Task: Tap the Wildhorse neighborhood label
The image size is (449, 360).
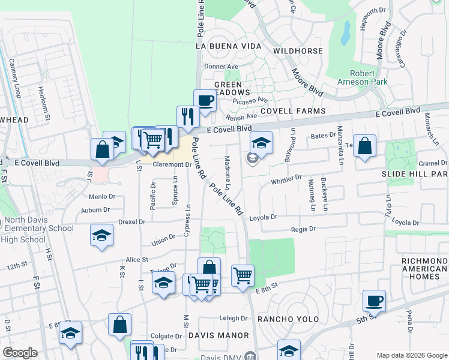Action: coord(298,51)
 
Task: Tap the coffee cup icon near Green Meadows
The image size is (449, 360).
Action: coord(205,100)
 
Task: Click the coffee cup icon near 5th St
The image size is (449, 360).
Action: coord(375,301)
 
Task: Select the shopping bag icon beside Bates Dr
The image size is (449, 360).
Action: coord(364,146)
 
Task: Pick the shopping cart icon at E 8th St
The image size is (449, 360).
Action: coord(243,276)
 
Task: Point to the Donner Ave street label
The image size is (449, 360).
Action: coord(221,67)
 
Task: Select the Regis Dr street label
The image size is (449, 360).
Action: coord(303,229)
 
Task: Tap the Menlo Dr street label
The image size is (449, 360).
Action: coord(101,197)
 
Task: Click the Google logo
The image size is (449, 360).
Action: coord(20,353)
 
